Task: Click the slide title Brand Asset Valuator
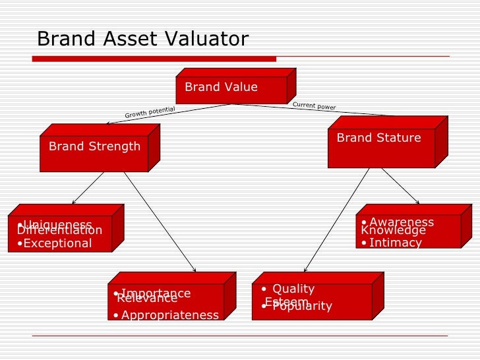(142, 40)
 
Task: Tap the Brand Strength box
(94, 146)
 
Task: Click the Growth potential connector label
(150, 112)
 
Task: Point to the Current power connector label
(314, 105)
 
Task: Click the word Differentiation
(59, 231)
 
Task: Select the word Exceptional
(57, 243)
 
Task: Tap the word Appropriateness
(170, 315)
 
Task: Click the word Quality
(293, 289)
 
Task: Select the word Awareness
(402, 222)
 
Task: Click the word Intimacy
(396, 243)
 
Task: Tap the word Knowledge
(394, 231)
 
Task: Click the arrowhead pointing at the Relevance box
(195, 268)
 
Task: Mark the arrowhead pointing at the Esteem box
(304, 268)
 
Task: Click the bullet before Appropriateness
(116, 315)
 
